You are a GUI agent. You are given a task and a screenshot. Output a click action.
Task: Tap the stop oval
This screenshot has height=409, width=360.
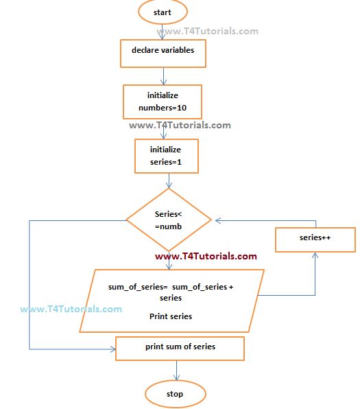(x=175, y=395)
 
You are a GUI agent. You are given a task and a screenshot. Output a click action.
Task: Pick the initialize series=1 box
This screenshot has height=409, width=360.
(x=165, y=156)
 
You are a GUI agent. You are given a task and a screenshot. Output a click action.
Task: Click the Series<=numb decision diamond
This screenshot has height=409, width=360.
(x=169, y=220)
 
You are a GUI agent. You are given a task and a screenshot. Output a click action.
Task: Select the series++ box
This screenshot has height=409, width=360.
(x=315, y=239)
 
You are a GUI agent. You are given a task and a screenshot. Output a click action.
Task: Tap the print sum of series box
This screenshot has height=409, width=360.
(x=180, y=347)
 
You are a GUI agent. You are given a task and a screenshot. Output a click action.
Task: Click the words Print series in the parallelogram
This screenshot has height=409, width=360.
(x=171, y=316)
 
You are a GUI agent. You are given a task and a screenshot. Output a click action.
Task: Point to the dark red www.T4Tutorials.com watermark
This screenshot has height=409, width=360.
(x=206, y=257)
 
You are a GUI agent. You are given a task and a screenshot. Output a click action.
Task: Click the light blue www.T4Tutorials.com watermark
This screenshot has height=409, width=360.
(x=71, y=309)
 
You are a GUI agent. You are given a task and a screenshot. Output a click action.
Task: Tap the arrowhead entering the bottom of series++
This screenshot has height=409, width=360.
(x=315, y=255)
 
